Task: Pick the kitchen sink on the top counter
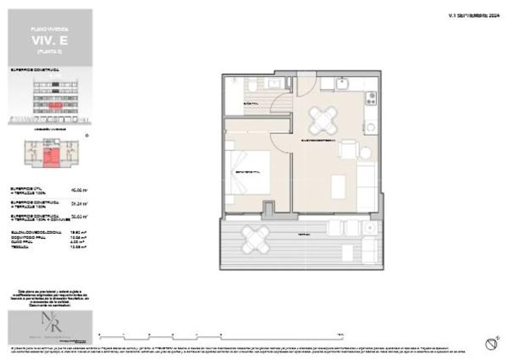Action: [x=342, y=83]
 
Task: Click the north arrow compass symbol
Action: [x=490, y=343]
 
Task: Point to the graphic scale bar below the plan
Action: [x=220, y=332]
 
